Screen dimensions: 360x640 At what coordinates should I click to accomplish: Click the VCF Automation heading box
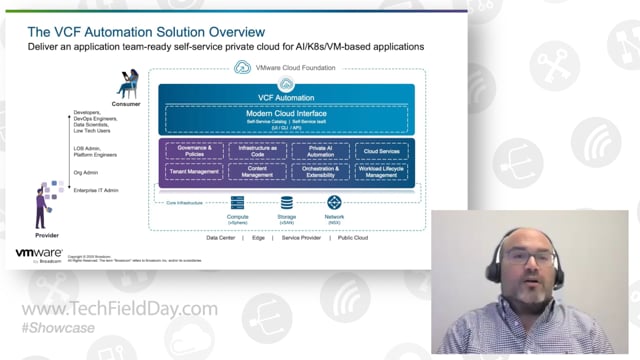pyautogui.click(x=287, y=97)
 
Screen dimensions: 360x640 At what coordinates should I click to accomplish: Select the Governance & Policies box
pyautogui.click(x=194, y=150)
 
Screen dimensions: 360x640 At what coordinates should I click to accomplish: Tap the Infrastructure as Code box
pyautogui.click(x=257, y=150)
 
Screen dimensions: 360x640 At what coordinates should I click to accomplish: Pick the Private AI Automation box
pyautogui.click(x=319, y=150)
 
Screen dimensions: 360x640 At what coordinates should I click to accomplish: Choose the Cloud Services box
pyautogui.click(x=381, y=150)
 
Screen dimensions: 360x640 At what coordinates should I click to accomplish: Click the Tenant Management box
pyautogui.click(x=194, y=172)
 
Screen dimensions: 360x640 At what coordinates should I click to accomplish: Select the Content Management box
pyautogui.click(x=257, y=172)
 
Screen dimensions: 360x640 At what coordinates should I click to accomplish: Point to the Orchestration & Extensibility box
pyautogui.click(x=319, y=172)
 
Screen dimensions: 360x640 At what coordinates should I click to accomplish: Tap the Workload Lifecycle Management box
pyautogui.click(x=381, y=172)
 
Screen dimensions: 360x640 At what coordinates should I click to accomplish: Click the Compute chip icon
pyautogui.click(x=238, y=203)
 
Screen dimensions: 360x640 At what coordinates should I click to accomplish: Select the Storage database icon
pyautogui.click(x=287, y=203)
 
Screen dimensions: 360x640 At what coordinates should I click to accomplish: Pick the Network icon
pyautogui.click(x=334, y=203)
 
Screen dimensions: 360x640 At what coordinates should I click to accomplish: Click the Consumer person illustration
pyautogui.click(x=127, y=85)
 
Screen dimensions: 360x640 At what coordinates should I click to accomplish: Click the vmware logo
pyautogui.click(x=37, y=254)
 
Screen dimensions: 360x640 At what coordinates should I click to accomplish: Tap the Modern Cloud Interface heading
pyautogui.click(x=287, y=115)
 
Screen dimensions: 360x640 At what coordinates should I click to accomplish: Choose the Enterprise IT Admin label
pyautogui.click(x=97, y=190)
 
